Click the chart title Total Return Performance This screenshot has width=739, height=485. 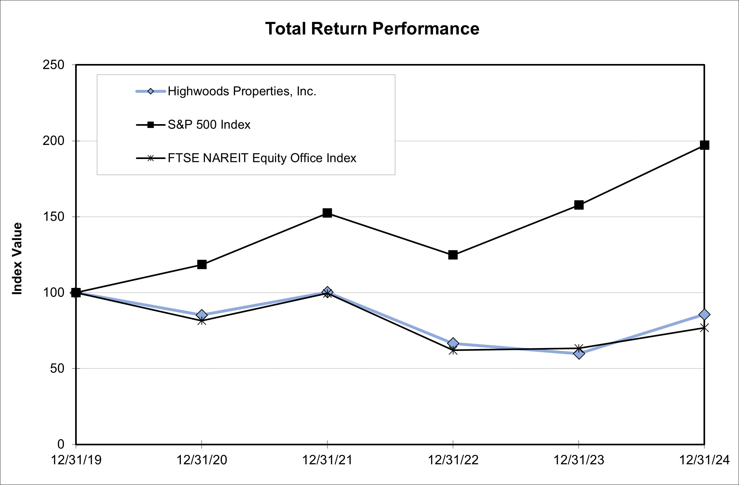pos(372,29)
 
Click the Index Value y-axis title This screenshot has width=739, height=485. pos(17,258)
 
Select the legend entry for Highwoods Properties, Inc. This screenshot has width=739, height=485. pos(242,91)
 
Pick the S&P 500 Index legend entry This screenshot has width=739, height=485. pos(209,125)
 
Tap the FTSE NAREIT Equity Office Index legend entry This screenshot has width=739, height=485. pos(262,158)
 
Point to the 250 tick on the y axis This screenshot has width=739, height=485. pos(53,65)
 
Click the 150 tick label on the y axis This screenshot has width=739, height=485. pos(53,217)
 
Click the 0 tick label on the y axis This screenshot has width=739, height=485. pos(61,444)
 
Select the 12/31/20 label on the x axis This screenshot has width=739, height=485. pos(202,460)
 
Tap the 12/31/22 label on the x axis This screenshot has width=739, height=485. pos(453,460)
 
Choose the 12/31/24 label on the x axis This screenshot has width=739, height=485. pos(704,460)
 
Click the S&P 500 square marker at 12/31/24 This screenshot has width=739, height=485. pos(704,145)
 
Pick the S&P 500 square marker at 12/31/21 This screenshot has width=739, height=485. pos(327,213)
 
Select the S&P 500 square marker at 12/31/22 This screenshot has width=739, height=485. pos(453,255)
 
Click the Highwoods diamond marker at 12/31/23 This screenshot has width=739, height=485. pos(579,354)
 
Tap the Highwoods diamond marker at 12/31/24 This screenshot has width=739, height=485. pos(704,314)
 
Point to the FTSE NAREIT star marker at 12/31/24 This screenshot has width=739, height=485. pos(704,328)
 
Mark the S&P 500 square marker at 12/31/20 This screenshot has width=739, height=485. pos(202,264)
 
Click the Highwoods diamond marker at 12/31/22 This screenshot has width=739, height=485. pos(453,343)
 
